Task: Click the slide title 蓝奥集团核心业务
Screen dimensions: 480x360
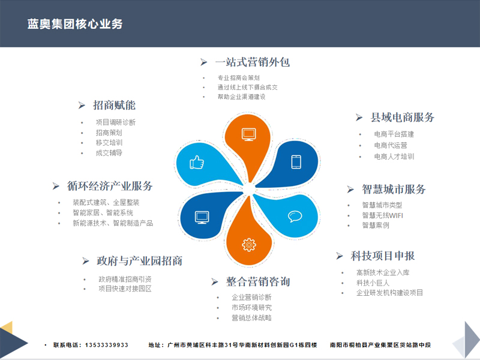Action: [75, 24]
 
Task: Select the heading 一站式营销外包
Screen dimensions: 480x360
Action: [253, 62]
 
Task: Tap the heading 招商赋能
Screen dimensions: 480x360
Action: [114, 106]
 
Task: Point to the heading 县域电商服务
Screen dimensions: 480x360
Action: [402, 117]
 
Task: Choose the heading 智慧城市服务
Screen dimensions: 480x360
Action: [394, 189]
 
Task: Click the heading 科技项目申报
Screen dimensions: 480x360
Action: [383, 256]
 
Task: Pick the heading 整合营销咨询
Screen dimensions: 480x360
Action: [258, 281]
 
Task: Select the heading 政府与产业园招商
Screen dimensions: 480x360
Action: [140, 261]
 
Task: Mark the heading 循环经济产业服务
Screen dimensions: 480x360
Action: [110, 186]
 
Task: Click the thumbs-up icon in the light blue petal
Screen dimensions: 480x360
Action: [197, 162]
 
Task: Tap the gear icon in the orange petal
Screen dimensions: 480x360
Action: [249, 245]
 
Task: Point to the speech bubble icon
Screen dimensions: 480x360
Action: [295, 216]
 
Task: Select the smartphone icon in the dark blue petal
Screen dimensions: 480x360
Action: [296, 162]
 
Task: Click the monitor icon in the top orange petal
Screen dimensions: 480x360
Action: [249, 134]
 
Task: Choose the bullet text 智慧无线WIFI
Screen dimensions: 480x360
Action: [382, 215]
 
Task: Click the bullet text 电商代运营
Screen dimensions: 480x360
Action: [391, 145]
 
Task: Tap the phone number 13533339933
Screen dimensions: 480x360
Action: [107, 345]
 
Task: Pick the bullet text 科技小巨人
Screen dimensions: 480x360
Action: [373, 283]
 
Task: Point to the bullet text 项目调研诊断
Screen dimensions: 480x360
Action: [115, 122]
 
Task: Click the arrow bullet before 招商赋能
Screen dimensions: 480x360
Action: [82, 106]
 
